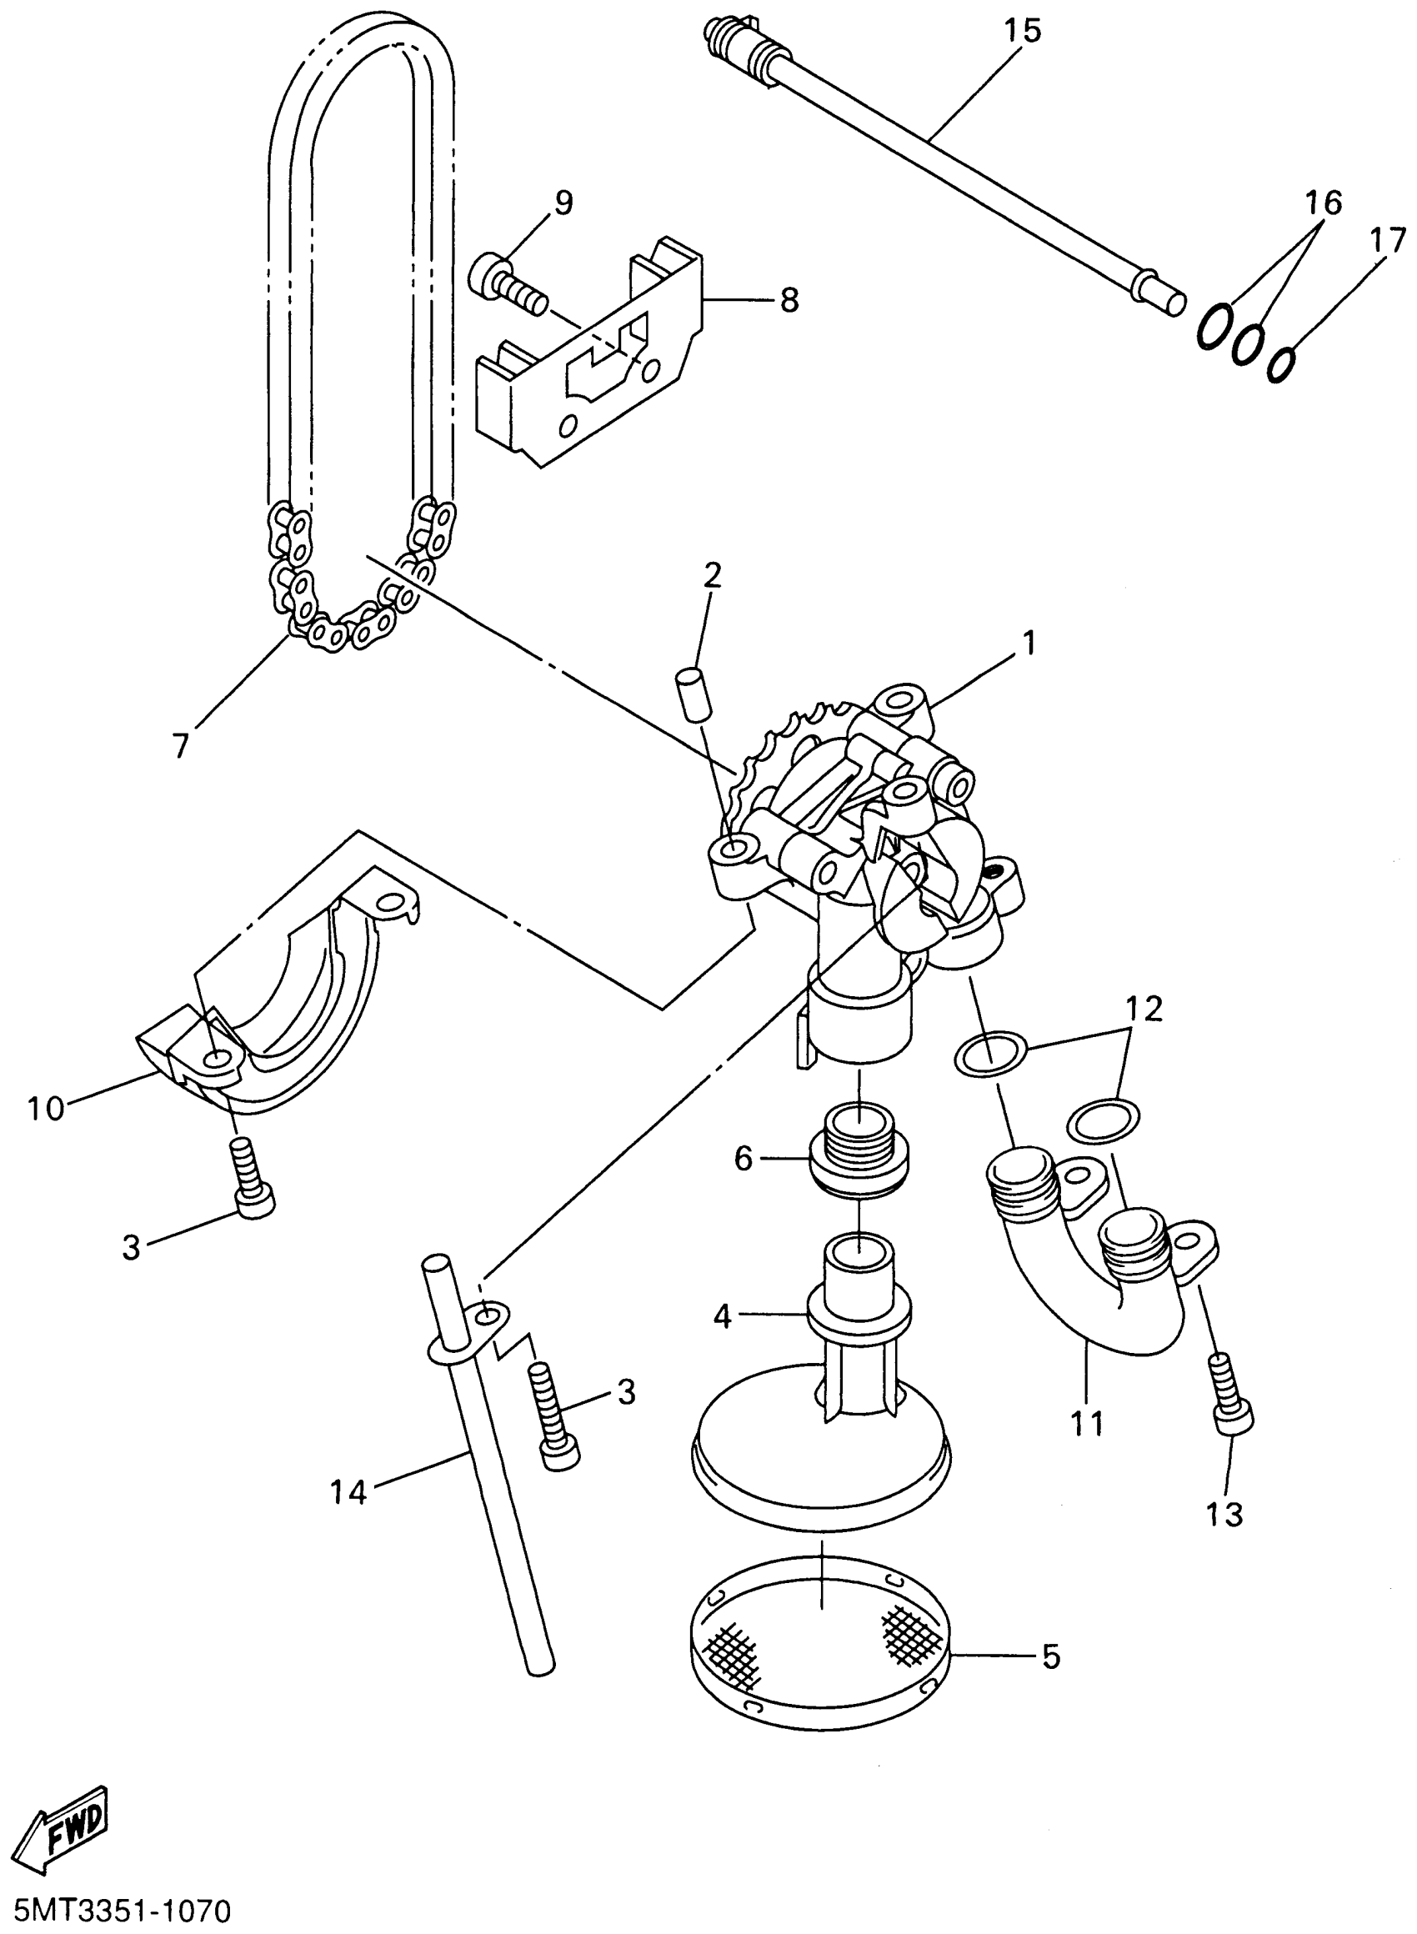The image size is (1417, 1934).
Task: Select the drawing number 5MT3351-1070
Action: pyautogui.click(x=117, y=1911)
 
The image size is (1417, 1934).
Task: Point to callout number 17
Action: pyautogui.click(x=1387, y=241)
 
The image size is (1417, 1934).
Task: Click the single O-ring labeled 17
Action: pyautogui.click(x=1280, y=363)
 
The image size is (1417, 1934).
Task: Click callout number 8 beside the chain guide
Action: pyautogui.click(x=789, y=300)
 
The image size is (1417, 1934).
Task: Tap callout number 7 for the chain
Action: pyautogui.click(x=180, y=745)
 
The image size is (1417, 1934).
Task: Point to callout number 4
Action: pyautogui.click(x=723, y=1316)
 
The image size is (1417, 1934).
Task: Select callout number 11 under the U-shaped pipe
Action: pyautogui.click(x=1086, y=1424)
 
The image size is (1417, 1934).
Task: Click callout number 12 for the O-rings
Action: pyautogui.click(x=1145, y=1010)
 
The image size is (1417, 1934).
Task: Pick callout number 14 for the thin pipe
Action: pyautogui.click(x=349, y=1493)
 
